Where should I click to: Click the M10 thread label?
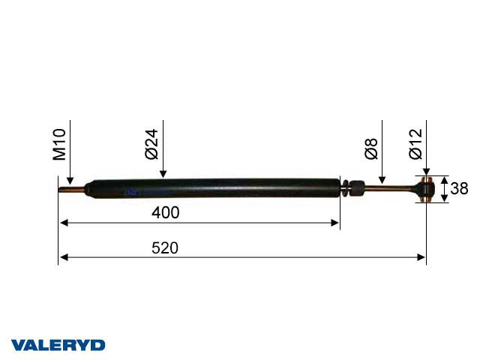[59, 145]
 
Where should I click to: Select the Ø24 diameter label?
[151, 143]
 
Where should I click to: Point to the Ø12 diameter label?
[415, 143]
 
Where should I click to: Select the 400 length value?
[165, 213]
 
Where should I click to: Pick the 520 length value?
[165, 248]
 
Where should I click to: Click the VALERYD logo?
[58, 345]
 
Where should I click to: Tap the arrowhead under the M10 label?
[68, 181]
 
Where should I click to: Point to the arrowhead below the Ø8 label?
[382, 180]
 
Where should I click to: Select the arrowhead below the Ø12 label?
[426, 172]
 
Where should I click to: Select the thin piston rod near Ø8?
[386, 188]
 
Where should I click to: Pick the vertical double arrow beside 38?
[442, 189]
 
